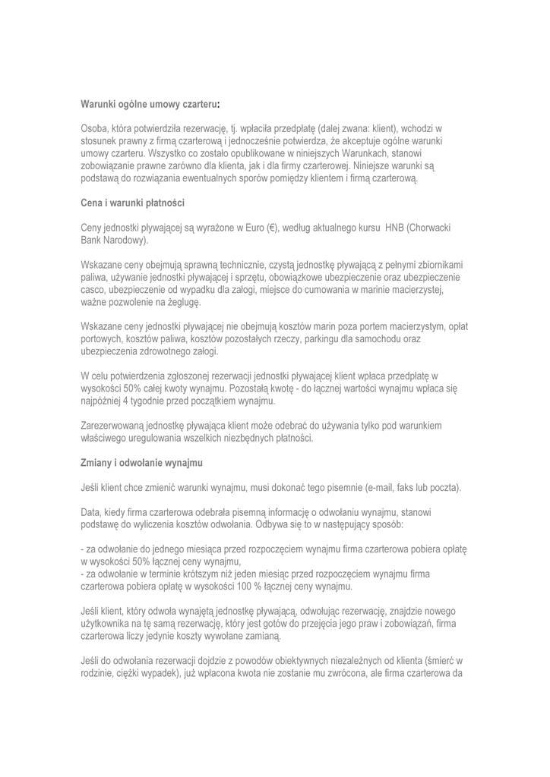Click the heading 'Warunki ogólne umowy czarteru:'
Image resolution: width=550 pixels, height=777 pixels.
click(x=150, y=102)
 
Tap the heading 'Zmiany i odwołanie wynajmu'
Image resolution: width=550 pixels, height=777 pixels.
click(x=141, y=462)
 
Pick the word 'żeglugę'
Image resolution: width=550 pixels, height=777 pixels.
click(x=180, y=302)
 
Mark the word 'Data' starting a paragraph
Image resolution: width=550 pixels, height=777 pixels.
click(x=91, y=512)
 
